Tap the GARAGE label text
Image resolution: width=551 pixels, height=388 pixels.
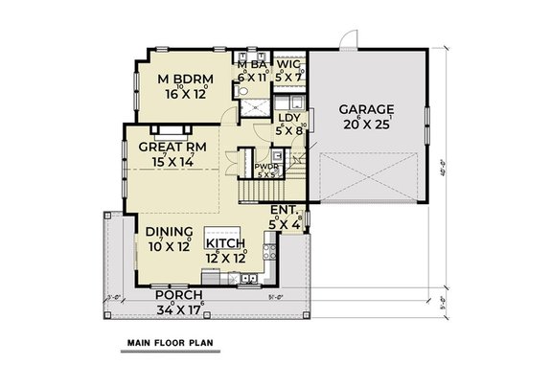pyautogui.click(x=367, y=108)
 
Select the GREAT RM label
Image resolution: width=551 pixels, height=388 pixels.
pyautogui.click(x=172, y=147)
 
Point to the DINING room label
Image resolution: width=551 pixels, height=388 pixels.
pyautogui.click(x=170, y=232)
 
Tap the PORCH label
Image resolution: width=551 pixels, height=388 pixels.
pyautogui.click(x=175, y=296)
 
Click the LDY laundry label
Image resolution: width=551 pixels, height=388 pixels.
pyautogui.click(x=288, y=118)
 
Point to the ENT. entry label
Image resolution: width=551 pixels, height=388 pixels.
pyautogui.click(x=285, y=209)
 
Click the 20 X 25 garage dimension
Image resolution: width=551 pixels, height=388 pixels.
pyautogui.click(x=367, y=123)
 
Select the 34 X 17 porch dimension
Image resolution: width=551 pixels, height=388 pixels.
pyautogui.click(x=175, y=309)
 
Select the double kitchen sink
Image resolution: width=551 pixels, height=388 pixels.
pyautogui.click(x=247, y=280)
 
